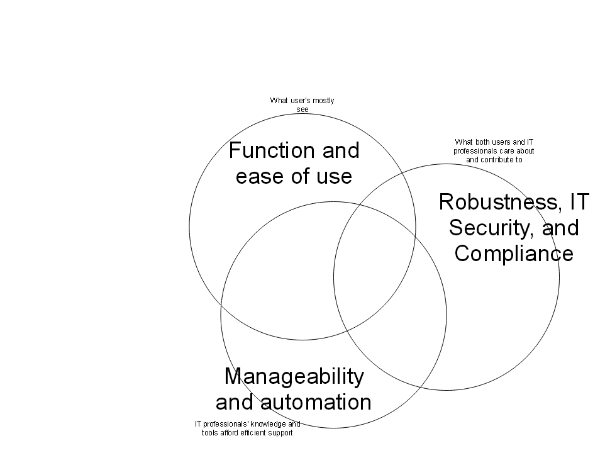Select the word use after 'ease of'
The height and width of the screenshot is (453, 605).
334,177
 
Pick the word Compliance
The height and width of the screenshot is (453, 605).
514,254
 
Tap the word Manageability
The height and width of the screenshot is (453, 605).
294,377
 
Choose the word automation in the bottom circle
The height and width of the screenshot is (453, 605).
316,402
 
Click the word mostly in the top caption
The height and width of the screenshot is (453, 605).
323,101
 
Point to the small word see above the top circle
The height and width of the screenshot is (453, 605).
302,109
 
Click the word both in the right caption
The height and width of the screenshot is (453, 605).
482,142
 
